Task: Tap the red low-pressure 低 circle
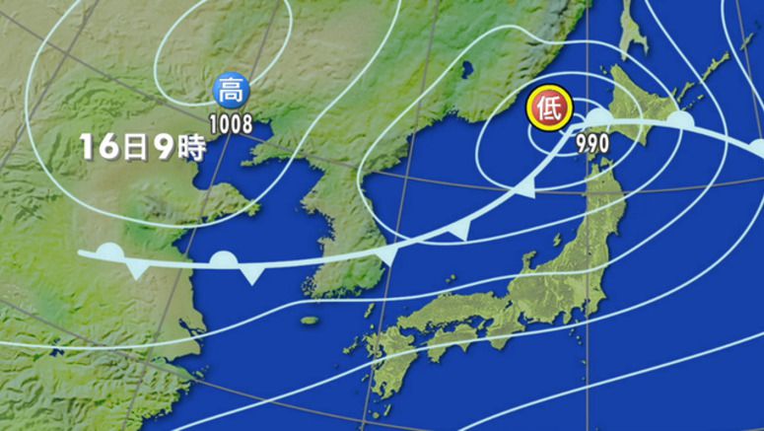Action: click(x=549, y=108)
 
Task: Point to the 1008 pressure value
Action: click(x=233, y=124)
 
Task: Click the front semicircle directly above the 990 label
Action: click(x=599, y=118)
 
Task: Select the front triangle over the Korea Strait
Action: click(x=386, y=258)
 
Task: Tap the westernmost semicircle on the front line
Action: click(x=110, y=251)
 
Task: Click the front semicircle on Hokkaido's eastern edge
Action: click(x=678, y=118)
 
